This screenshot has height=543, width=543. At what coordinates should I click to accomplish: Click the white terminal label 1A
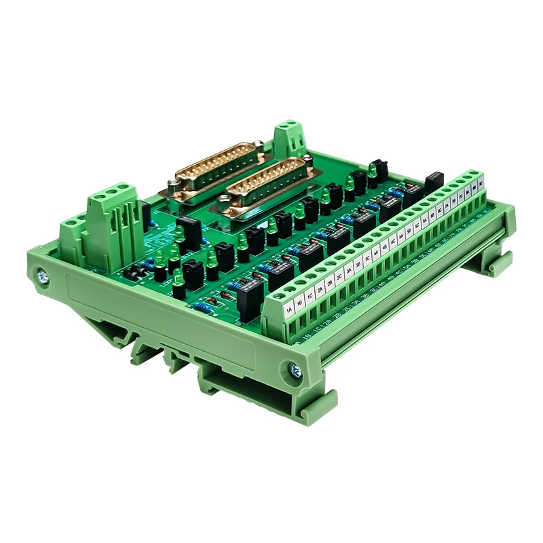coord(289,310)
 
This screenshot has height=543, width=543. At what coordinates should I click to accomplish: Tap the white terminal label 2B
coord(330,283)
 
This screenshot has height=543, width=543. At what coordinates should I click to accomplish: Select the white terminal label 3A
coord(349,271)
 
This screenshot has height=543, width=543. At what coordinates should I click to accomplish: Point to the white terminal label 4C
coord(393,242)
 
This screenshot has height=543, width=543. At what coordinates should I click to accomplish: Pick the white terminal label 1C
coord(310,297)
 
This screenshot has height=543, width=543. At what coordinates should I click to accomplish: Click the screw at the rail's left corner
coord(43,276)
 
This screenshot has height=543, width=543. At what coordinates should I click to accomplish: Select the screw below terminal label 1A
coord(295,370)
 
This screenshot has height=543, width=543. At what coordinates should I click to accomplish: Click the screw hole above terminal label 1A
coord(278,295)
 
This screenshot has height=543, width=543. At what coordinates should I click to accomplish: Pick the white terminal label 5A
coord(401,237)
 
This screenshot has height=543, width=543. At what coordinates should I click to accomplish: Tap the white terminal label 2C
coord(339,277)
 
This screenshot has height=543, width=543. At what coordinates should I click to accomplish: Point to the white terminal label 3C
coord(367,259)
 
